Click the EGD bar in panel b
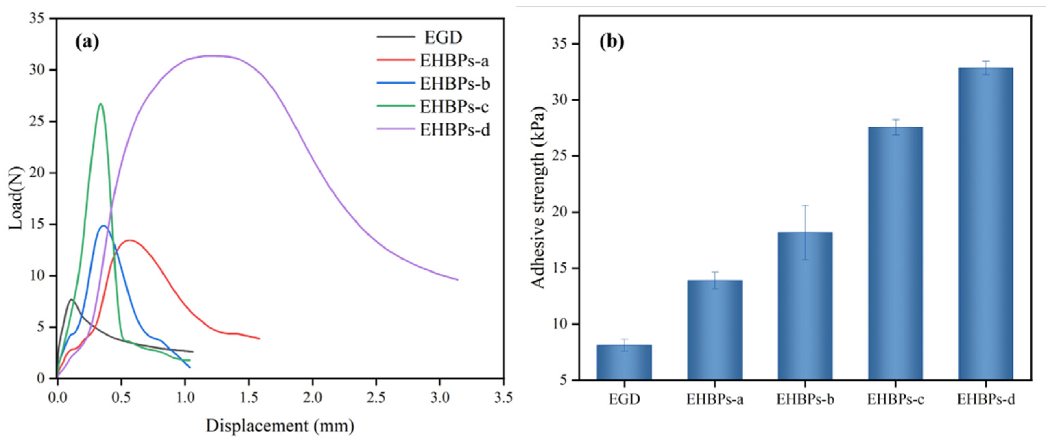pos(624,363)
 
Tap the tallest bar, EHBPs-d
pos(986,224)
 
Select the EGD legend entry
pos(443,37)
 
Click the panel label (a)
pos(87,42)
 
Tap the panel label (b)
pos(612,42)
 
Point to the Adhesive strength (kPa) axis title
pos(539,198)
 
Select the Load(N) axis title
pos(16,198)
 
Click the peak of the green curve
pos(100,104)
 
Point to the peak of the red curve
pos(130,240)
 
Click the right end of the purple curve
pos(458,280)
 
